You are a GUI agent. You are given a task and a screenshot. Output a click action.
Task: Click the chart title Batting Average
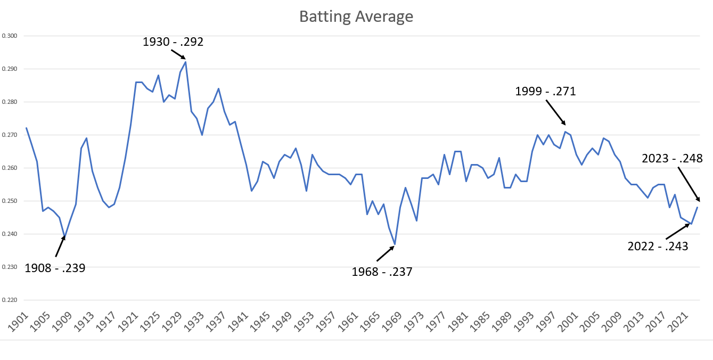point(356,17)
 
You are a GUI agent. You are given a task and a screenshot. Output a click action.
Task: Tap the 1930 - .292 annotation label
point(173,42)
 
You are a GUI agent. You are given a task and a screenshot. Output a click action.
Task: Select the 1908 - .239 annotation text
point(55,267)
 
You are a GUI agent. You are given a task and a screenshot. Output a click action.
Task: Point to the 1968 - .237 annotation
point(382,272)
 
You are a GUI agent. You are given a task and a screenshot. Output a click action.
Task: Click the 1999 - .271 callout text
point(545,92)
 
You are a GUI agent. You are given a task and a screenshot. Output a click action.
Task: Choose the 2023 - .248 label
point(672,158)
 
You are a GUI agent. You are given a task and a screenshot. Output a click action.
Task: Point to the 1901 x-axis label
point(19,322)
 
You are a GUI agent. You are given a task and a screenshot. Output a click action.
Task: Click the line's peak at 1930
point(185,62)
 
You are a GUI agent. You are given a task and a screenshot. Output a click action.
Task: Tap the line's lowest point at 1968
point(395,244)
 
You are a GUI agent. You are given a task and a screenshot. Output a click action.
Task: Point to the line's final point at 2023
point(697,207)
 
